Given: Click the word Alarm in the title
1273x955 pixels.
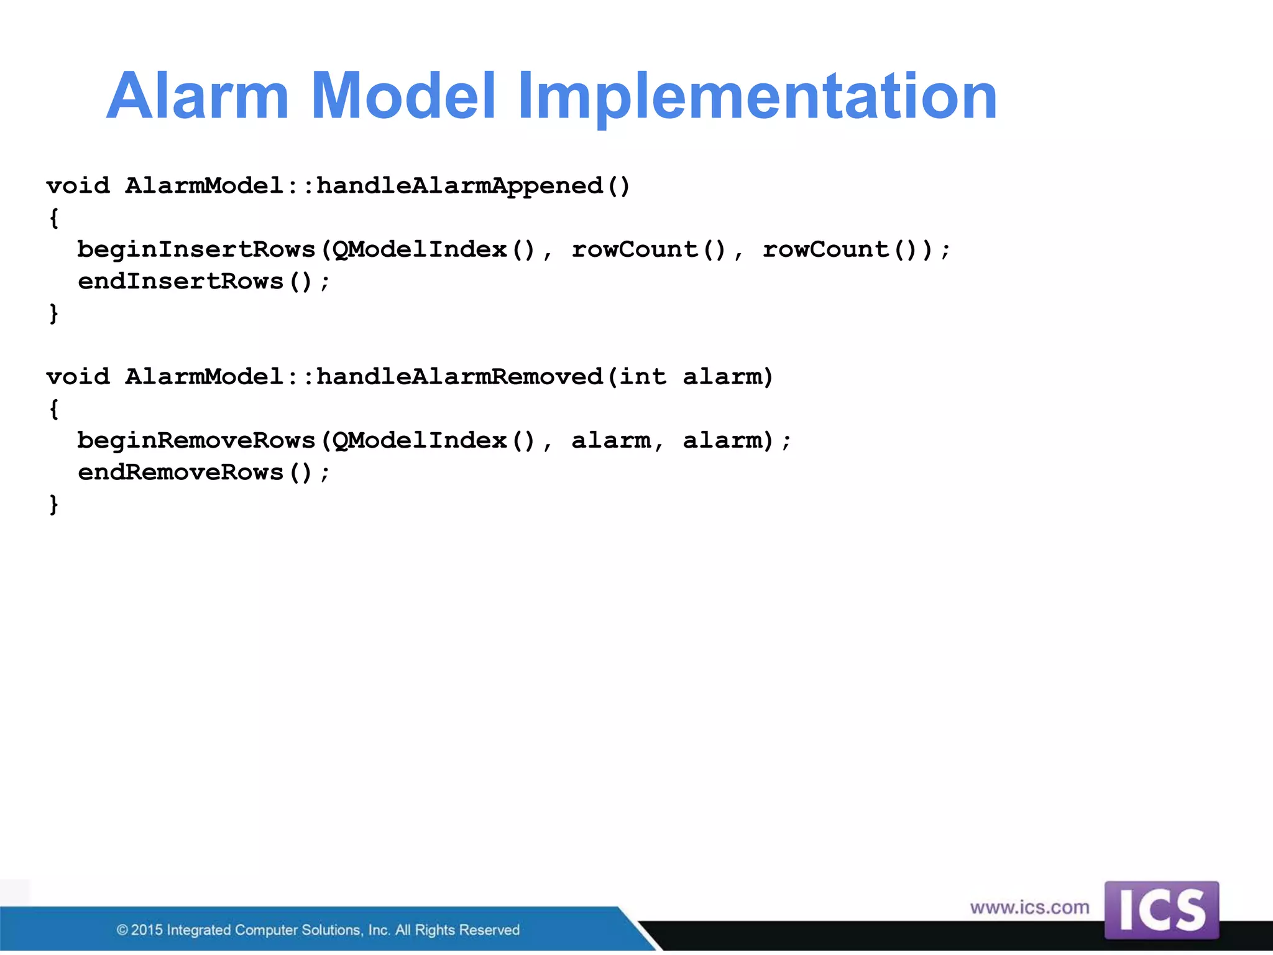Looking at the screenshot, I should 198,96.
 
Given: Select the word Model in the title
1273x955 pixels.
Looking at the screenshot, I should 403,96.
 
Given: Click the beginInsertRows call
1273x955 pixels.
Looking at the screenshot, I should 196,250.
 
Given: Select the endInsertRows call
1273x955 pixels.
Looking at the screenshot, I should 181,282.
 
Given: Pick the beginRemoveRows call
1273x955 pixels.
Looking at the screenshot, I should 196,441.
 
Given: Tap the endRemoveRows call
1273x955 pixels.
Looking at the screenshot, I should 181,473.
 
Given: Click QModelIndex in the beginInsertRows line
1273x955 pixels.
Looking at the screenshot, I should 420,250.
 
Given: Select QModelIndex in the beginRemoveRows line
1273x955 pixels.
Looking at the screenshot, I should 420,441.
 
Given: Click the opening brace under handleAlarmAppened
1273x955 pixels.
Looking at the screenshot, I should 54,218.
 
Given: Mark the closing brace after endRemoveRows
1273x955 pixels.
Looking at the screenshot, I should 54,504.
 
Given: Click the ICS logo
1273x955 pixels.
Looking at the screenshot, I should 1161,910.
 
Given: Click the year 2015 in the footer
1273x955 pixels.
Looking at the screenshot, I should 147,930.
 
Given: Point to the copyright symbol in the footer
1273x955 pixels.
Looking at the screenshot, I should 122,930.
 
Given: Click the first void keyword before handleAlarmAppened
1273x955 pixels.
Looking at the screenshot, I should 78,186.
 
